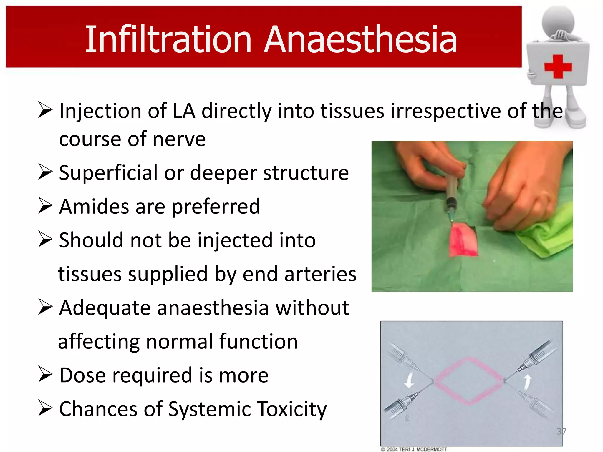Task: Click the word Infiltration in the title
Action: click(168, 40)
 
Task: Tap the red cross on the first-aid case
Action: click(558, 67)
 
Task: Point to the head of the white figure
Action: click(558, 22)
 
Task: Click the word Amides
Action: click(94, 207)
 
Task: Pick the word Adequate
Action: click(105, 308)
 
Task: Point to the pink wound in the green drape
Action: click(463, 240)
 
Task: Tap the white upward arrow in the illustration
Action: click(527, 382)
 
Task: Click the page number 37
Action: click(561, 431)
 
